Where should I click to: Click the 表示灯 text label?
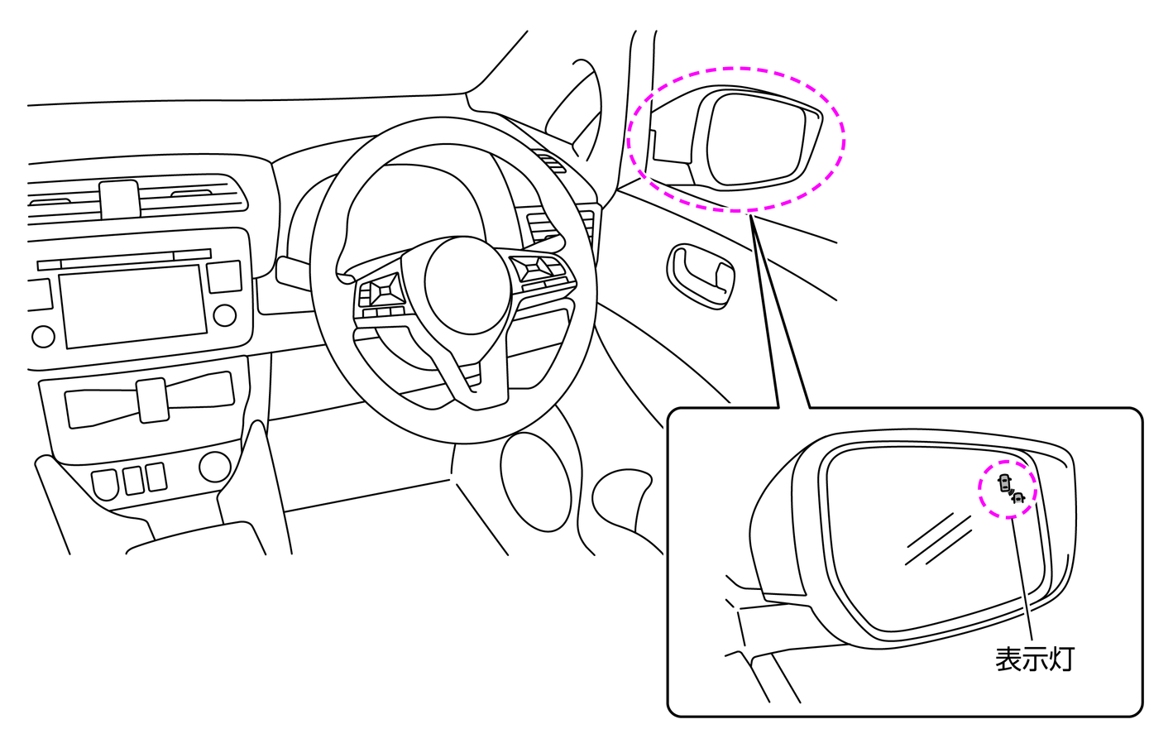point(1034,659)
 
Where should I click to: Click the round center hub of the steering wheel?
point(467,285)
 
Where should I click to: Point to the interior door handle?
point(701,275)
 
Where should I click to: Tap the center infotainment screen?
point(133,306)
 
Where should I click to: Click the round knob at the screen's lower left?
point(44,336)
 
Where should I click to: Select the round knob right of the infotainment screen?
point(225,314)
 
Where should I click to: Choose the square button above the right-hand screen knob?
point(225,276)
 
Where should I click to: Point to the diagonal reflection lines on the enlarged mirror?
point(938,539)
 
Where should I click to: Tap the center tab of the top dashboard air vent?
point(120,199)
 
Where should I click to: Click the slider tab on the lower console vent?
point(152,400)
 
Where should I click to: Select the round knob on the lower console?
point(215,467)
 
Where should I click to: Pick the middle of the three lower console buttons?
point(133,480)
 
